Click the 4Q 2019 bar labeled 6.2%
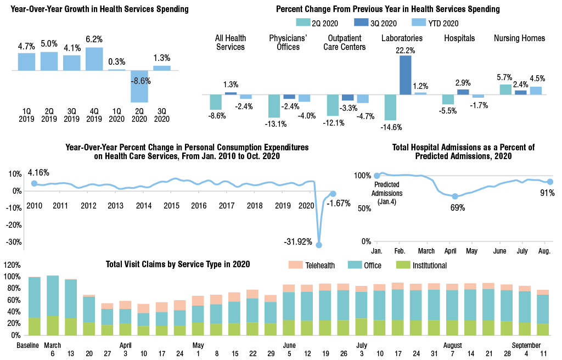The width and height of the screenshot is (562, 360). pos(94,59)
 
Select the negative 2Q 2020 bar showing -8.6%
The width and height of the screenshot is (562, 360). pos(139,86)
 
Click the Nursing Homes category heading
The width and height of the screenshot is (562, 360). pos(519,38)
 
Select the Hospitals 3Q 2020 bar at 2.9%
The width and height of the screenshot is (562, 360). pos(463,92)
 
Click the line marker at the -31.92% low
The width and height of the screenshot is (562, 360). pos(319,245)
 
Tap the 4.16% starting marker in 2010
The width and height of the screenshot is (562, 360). pos(34,184)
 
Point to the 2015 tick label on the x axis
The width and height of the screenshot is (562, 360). pos(171,206)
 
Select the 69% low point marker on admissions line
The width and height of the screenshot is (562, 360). pos(454,196)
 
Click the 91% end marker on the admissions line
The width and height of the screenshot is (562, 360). pos(550,182)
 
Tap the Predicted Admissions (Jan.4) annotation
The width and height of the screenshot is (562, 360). pos(387,193)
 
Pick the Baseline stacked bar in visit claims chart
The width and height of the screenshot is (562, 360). pos(35,306)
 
